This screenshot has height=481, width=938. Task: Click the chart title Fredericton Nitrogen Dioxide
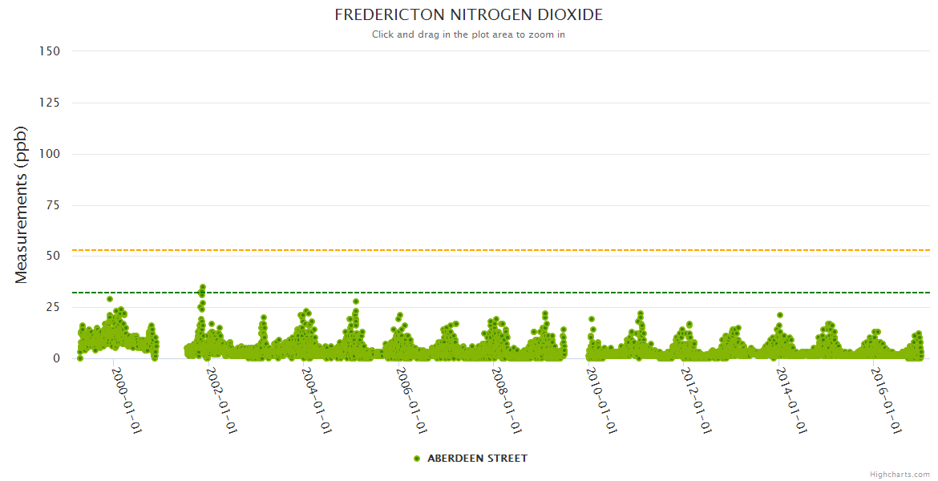click(468, 15)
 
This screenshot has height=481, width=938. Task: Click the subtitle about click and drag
click(468, 34)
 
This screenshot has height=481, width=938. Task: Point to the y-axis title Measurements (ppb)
click(22, 204)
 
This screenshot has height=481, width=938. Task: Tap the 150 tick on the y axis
click(50, 51)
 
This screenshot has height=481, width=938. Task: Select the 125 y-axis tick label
click(50, 103)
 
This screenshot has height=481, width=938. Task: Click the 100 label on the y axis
click(50, 154)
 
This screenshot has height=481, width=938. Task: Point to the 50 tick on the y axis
click(53, 256)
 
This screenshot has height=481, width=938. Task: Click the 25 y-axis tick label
click(53, 307)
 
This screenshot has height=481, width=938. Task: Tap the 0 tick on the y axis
click(56, 358)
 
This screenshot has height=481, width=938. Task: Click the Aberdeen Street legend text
click(477, 459)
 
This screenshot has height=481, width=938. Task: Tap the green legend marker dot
click(417, 459)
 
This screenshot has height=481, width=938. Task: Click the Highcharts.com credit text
click(900, 475)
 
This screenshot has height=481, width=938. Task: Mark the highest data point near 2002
click(203, 287)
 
